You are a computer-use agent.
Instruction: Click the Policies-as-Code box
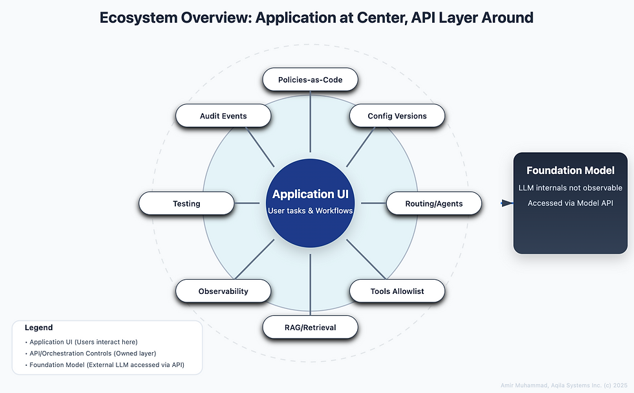(310, 80)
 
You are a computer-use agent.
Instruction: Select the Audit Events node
(223, 116)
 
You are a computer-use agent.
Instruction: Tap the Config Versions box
(397, 116)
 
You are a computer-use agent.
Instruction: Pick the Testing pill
(186, 203)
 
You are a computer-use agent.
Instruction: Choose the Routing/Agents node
(434, 203)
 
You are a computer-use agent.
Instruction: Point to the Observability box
(223, 291)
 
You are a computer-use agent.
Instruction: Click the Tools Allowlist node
(397, 291)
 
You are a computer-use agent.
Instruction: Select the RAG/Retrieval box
(310, 327)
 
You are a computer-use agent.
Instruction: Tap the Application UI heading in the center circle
(311, 194)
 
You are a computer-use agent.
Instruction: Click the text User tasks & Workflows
(311, 211)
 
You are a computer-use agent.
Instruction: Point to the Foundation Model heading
(570, 171)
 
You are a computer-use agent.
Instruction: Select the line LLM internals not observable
(570, 188)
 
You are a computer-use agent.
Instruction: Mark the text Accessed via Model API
(570, 203)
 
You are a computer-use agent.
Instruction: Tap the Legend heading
(39, 328)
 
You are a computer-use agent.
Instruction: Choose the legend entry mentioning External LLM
(107, 365)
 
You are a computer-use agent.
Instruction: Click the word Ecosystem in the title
(134, 17)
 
